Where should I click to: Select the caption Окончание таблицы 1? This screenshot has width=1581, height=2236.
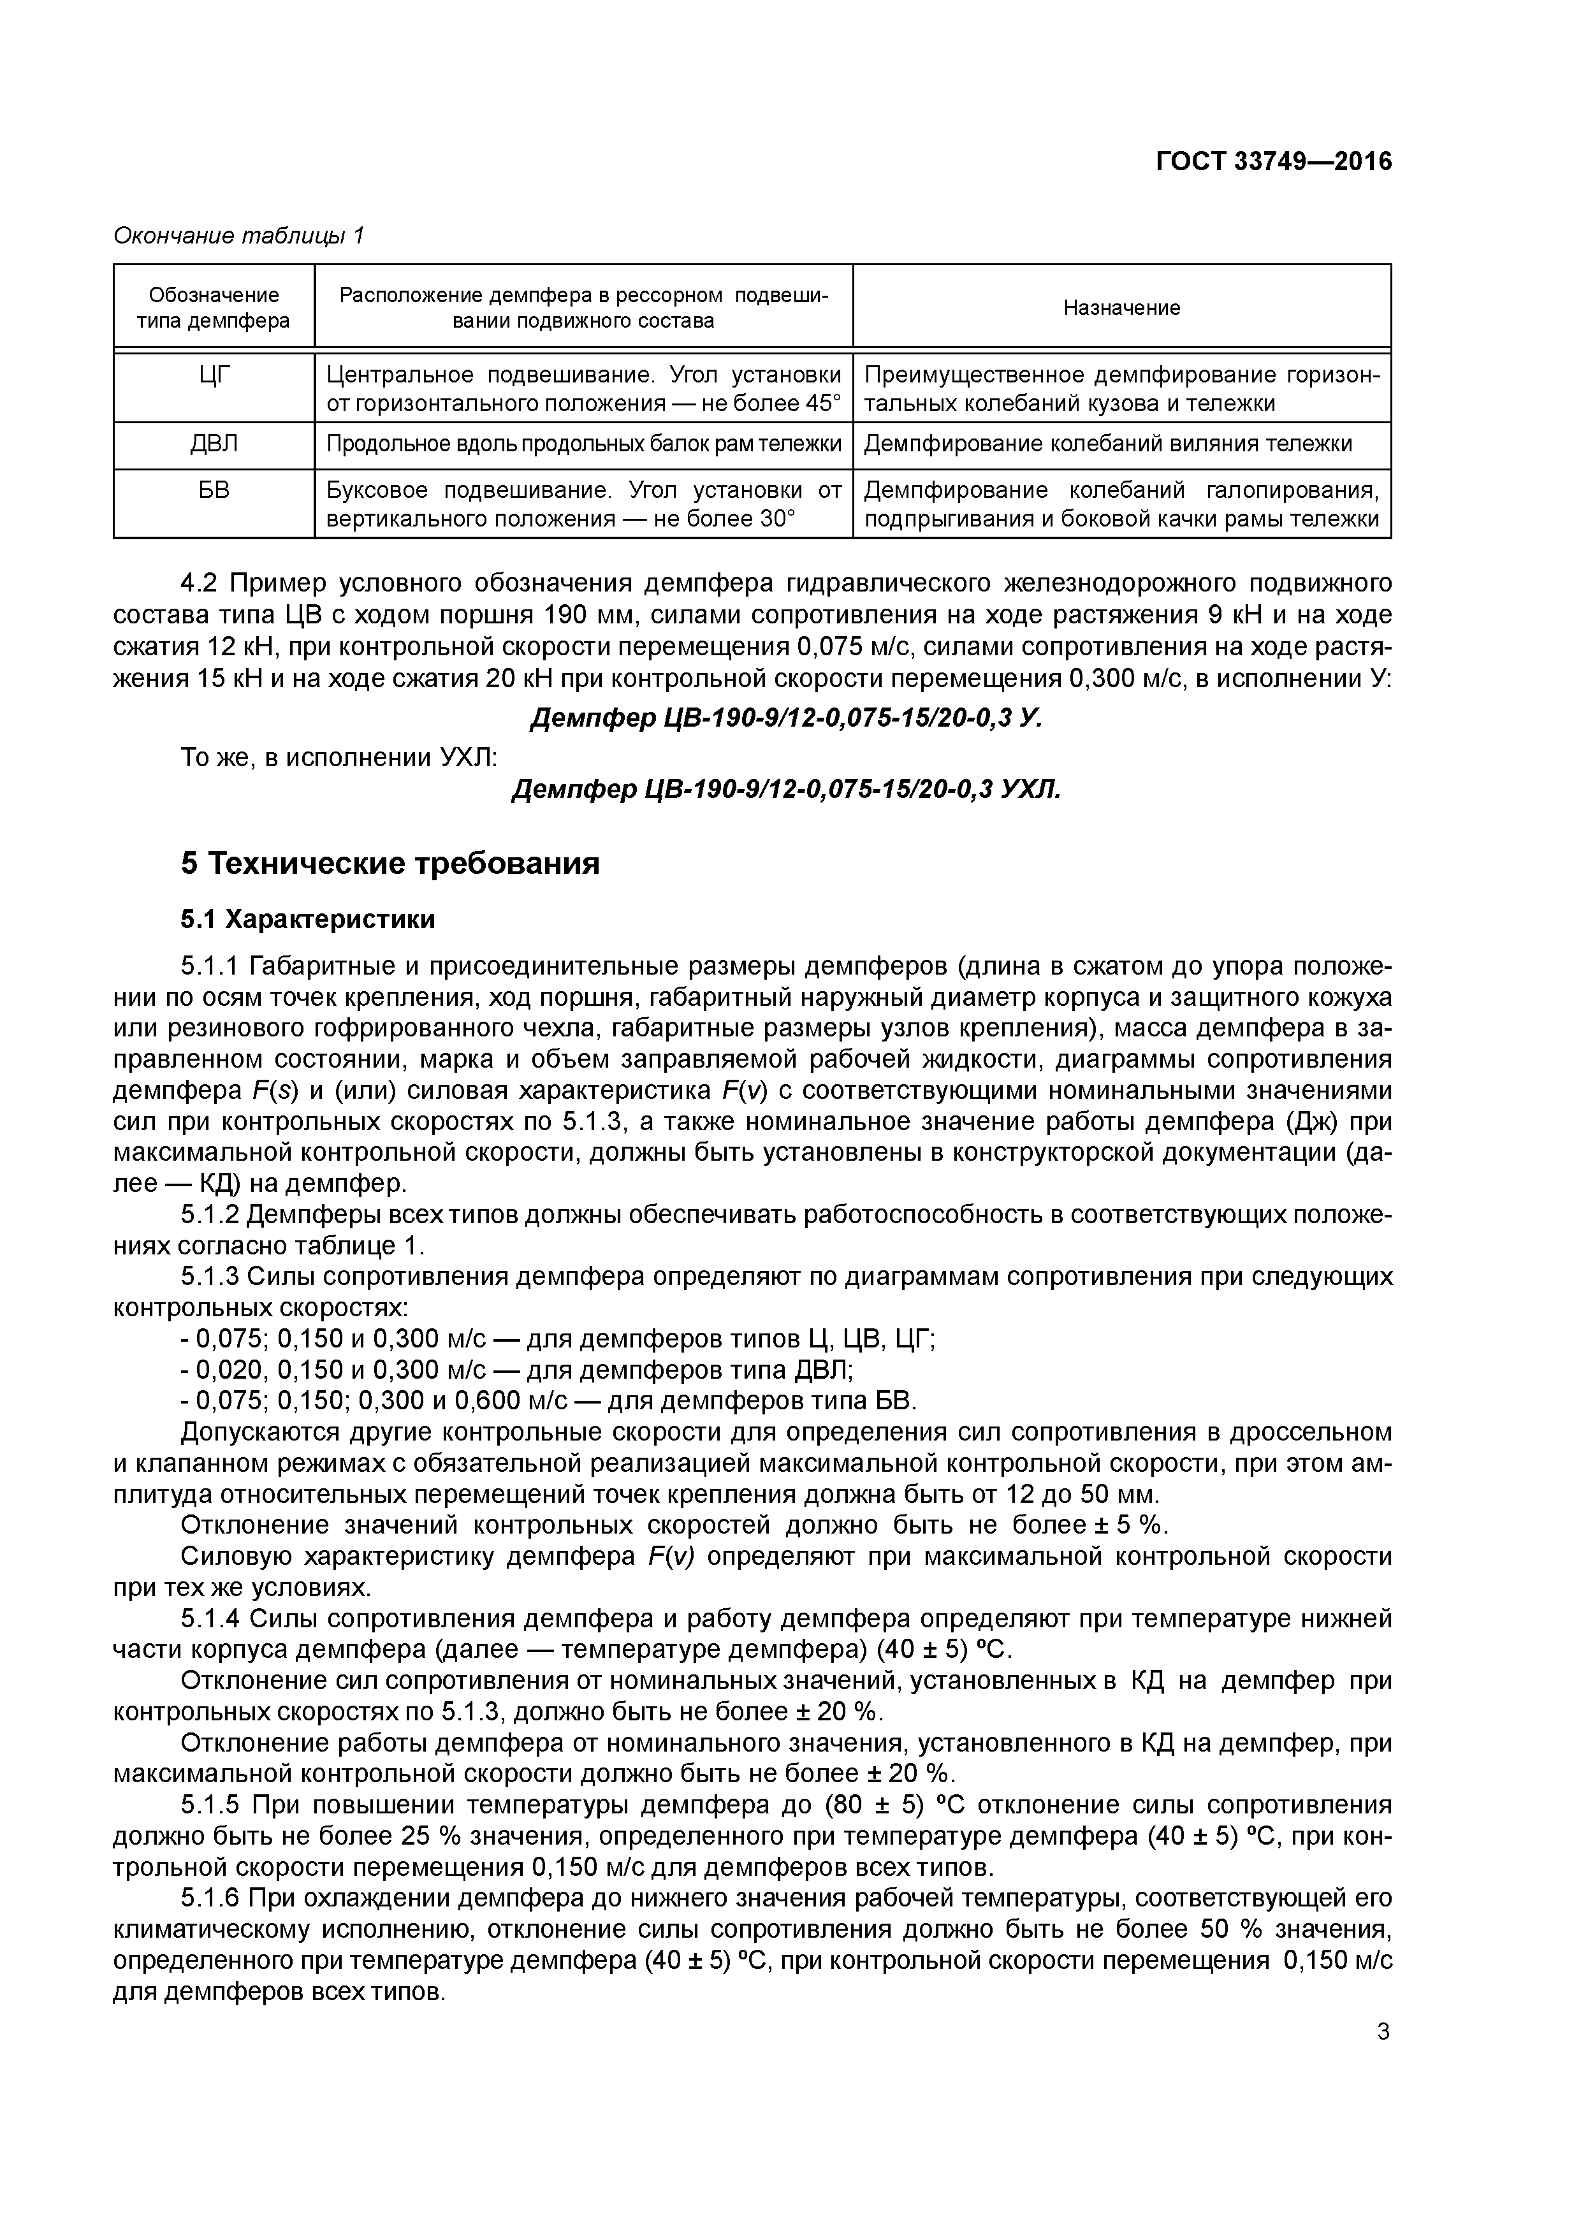click(x=238, y=236)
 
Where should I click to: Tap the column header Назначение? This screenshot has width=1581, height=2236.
click(x=1121, y=308)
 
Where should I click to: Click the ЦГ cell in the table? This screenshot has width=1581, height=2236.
click(x=214, y=375)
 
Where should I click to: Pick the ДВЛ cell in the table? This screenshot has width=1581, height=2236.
click(x=214, y=444)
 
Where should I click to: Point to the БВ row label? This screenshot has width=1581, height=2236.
click(x=214, y=491)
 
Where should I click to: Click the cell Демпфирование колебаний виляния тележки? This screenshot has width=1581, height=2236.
click(x=1107, y=444)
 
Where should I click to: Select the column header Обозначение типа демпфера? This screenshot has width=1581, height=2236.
click(x=214, y=308)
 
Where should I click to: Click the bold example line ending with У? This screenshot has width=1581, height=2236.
click(x=785, y=719)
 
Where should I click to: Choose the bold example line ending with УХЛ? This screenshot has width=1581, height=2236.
click(x=785, y=789)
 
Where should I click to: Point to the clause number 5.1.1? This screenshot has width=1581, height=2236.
click(x=210, y=966)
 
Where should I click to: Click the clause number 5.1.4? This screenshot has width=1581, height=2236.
click(x=210, y=1620)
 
